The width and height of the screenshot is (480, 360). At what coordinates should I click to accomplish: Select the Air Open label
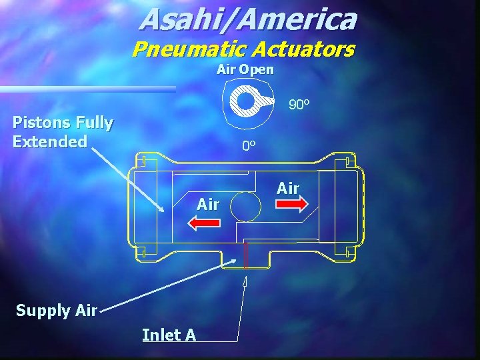tap(245, 69)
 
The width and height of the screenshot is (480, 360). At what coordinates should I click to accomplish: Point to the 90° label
tap(299, 105)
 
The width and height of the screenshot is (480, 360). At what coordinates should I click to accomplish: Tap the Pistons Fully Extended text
tap(63, 132)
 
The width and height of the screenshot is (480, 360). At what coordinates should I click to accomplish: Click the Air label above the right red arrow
tap(288, 189)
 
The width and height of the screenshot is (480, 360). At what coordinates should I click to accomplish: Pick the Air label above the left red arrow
tap(208, 205)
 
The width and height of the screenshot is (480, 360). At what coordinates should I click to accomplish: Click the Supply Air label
tap(57, 310)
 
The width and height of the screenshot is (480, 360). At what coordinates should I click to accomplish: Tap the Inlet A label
tap(169, 335)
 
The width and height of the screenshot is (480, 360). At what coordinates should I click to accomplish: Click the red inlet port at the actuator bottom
tap(246, 255)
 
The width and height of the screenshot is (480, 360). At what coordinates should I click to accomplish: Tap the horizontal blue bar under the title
tap(87, 89)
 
